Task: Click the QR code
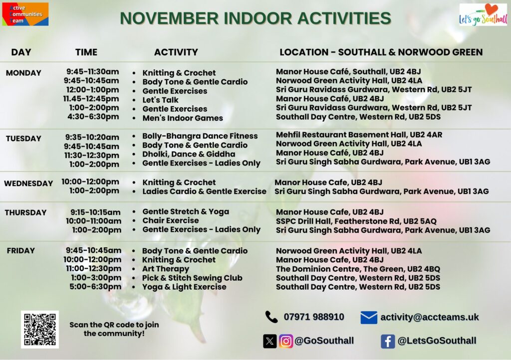point(40,330)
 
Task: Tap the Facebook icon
point(388,342)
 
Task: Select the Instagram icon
point(286,341)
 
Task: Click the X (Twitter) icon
point(270,341)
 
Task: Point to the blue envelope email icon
point(369,317)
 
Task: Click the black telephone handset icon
point(271,317)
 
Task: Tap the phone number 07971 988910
point(314,317)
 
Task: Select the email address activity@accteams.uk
point(430,317)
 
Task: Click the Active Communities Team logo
point(25,14)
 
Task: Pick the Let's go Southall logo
point(483,14)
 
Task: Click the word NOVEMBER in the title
point(170,18)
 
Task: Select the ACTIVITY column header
point(176,52)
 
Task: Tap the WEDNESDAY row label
point(28,183)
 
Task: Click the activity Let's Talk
point(160,100)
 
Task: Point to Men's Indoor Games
point(183,118)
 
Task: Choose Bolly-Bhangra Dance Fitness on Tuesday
point(200,136)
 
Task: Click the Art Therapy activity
point(166,269)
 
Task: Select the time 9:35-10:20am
point(92,137)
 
